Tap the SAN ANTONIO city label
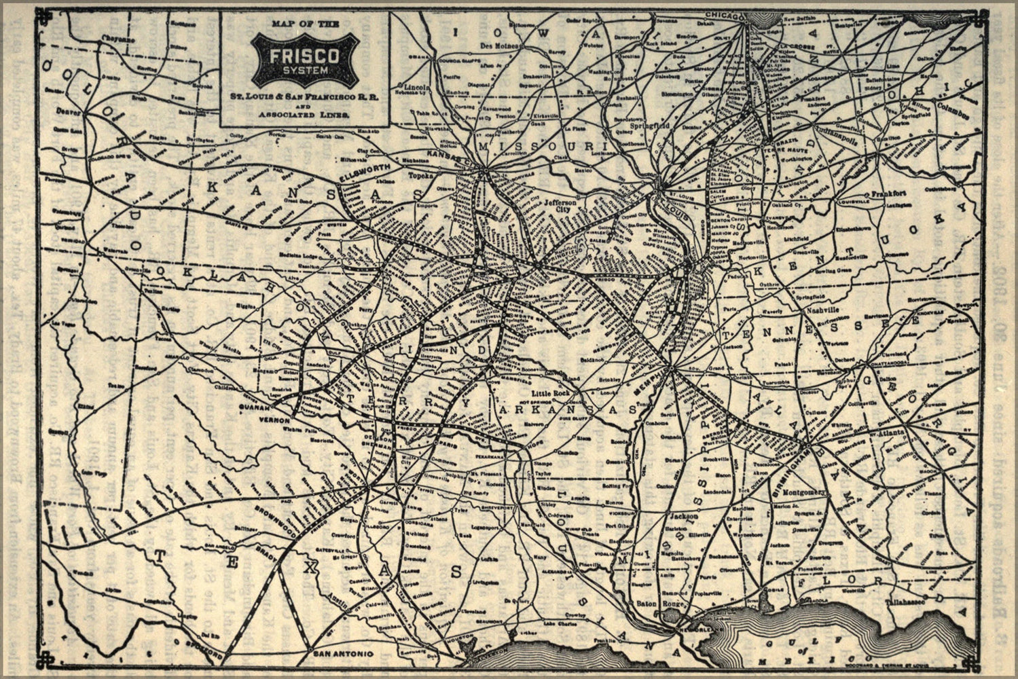pos(342,653)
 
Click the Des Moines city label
pos(500,45)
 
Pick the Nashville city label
pos(822,310)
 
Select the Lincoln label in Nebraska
pos(414,88)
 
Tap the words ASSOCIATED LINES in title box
pos(304,115)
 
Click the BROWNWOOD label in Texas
pos(276,517)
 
